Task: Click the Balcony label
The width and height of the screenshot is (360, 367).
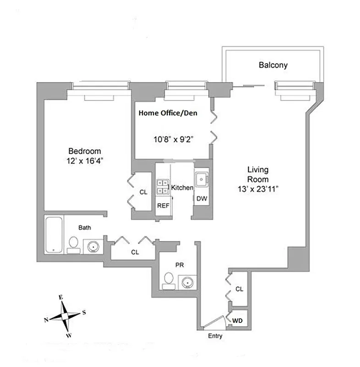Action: tap(273, 65)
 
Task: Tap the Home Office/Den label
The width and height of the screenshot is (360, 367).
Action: tap(169, 113)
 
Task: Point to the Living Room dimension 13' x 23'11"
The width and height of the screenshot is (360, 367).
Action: tap(256, 188)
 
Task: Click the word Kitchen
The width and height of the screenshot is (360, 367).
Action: tap(182, 188)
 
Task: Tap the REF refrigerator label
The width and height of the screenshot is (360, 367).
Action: tap(163, 206)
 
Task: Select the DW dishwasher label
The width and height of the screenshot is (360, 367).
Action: tap(201, 199)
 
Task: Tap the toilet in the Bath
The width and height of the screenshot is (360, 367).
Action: tap(73, 245)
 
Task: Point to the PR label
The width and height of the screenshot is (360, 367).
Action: tap(179, 265)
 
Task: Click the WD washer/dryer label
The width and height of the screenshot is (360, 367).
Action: tap(238, 320)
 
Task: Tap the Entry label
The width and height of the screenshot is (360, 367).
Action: tap(215, 336)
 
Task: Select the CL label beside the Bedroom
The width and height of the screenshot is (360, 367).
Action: tap(143, 193)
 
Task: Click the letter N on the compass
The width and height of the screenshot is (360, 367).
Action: tap(46, 320)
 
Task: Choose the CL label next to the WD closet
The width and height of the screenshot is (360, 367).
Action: tap(238, 289)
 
